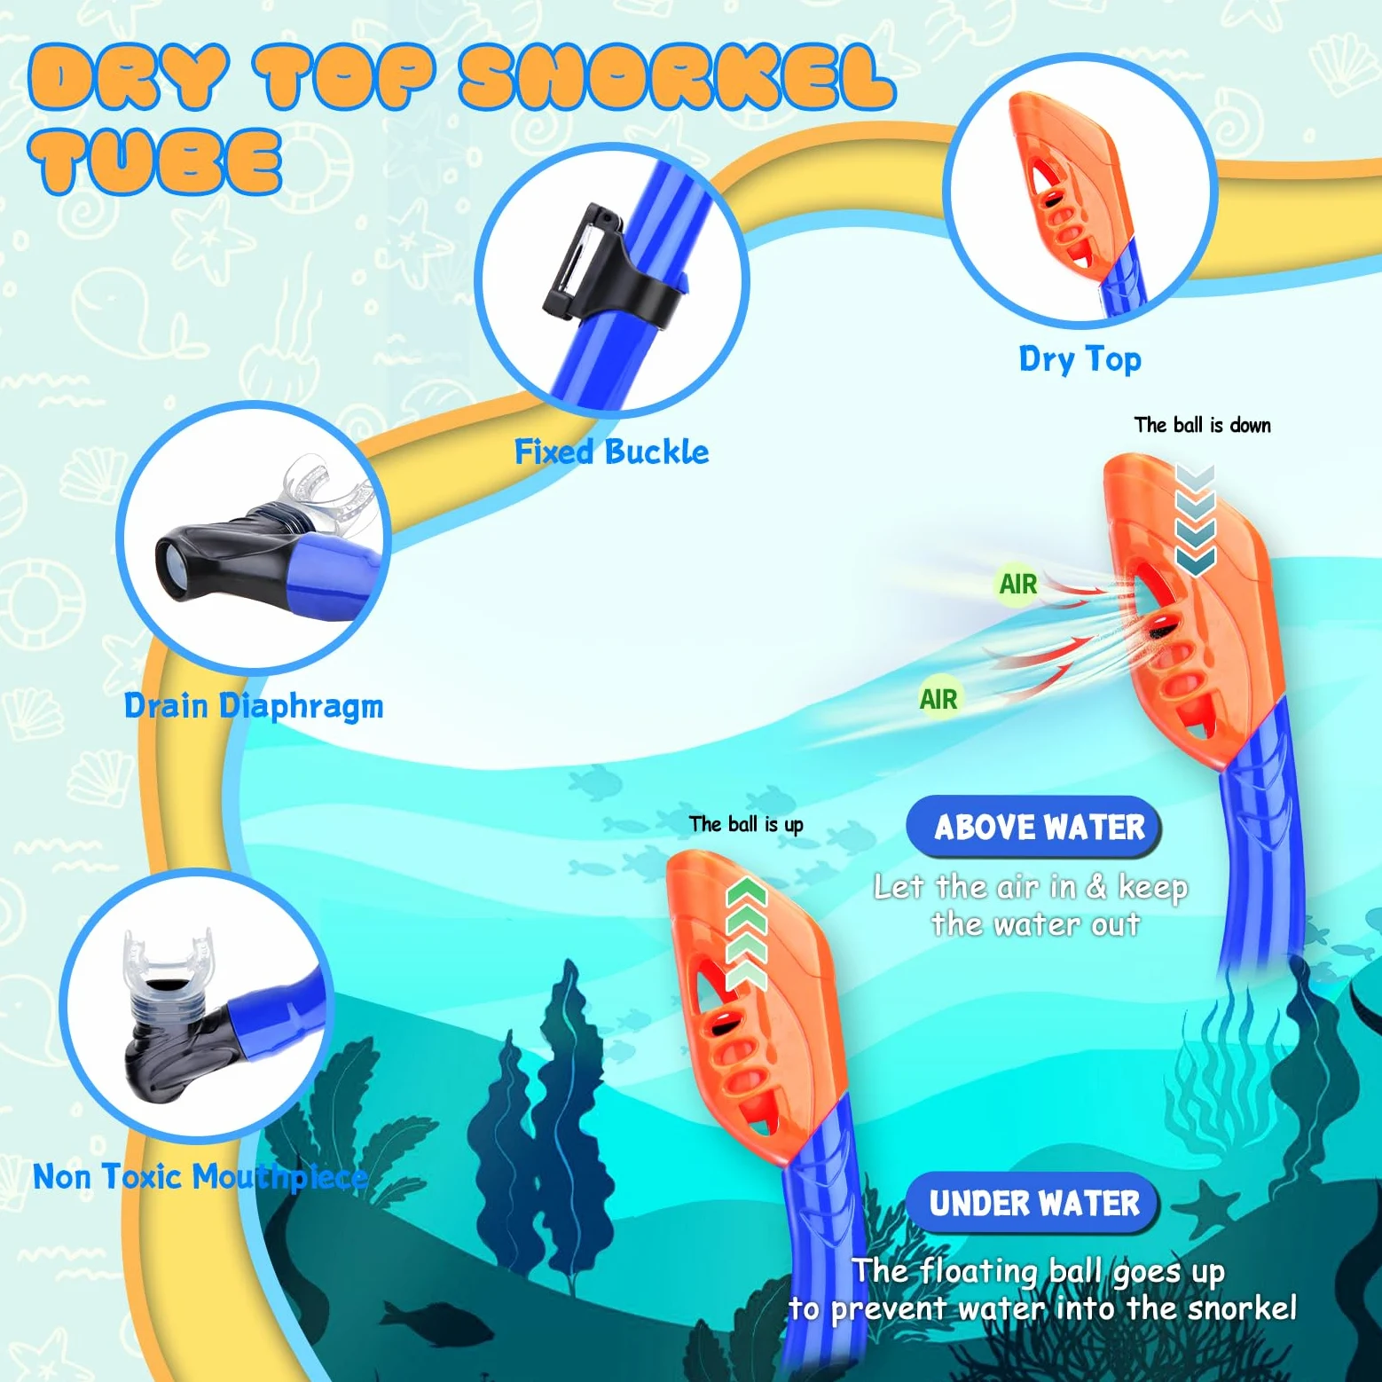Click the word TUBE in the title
(x=155, y=161)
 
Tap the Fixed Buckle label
(x=612, y=452)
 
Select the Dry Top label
(x=1080, y=359)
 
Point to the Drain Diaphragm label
(x=254, y=707)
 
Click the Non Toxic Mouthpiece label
(x=200, y=1177)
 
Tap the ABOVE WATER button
(x=1034, y=827)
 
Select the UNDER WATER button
(x=1033, y=1203)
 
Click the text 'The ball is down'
(x=1202, y=425)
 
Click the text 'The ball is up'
(x=746, y=824)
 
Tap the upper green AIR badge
(x=1017, y=584)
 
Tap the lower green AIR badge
(x=938, y=699)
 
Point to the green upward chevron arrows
(x=746, y=933)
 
